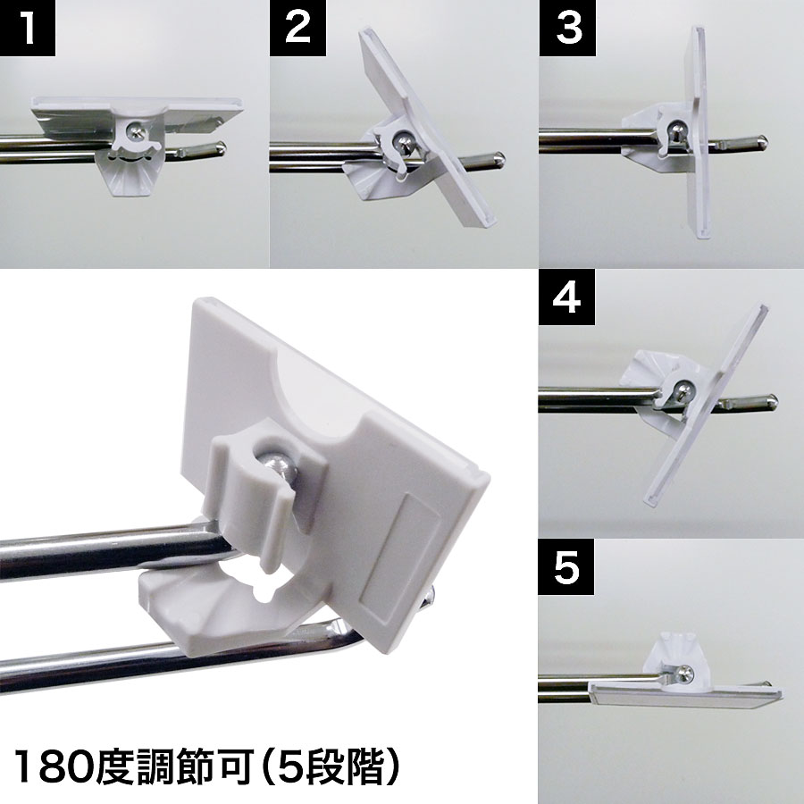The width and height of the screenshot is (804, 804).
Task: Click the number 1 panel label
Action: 27,28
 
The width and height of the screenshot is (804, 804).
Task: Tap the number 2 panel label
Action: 297,28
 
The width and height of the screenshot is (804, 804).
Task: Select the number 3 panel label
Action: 567,28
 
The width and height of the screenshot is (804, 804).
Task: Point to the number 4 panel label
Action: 566,297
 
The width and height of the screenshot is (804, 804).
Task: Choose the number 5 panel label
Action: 566,566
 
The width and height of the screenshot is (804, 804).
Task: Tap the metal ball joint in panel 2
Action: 403,141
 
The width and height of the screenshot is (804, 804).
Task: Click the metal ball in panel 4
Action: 683,390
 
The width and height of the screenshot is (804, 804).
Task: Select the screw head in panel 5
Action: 684,674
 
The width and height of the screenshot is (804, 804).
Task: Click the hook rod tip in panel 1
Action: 223,147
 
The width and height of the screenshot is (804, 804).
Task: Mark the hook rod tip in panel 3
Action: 764,140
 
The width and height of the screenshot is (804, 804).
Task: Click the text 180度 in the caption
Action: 74,766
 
